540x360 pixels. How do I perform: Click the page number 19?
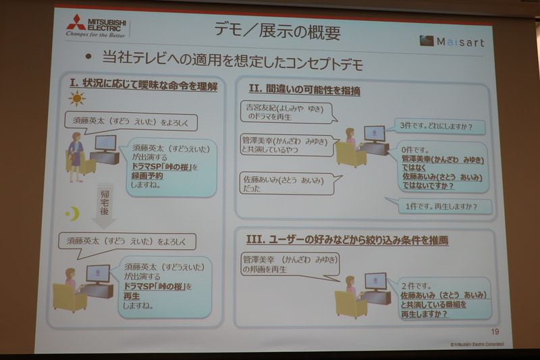495,331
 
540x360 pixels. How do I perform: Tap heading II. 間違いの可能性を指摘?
304,90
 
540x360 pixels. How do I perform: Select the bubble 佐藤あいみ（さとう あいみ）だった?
288,184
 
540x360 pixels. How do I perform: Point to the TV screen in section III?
375,280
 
